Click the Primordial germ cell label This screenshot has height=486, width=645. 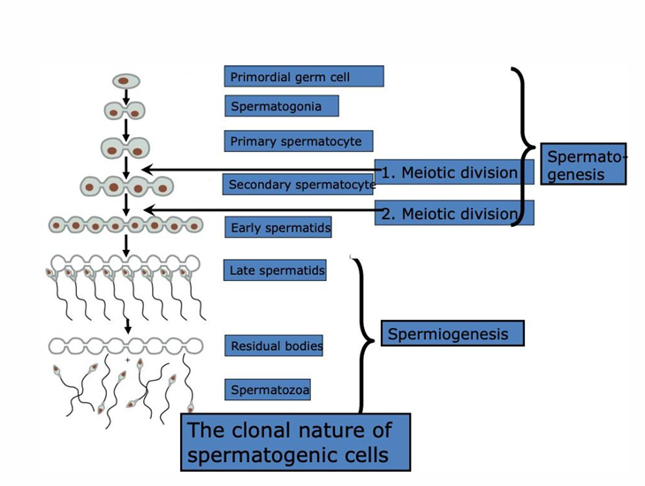pos(304,76)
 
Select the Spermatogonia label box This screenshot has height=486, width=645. pos(282,106)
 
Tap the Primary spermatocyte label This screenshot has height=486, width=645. pos(299,141)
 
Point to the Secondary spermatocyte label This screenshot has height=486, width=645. pos(299,184)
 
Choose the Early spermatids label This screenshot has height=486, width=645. pos(278,227)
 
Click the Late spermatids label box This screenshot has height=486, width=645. pos(275,270)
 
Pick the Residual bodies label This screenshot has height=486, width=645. pos(274,346)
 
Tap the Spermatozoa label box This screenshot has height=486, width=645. pos(268,390)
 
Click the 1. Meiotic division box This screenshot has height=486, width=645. pos(454,172)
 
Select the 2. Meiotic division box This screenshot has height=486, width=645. pos(454,213)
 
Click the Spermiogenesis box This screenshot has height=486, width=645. pos(452,333)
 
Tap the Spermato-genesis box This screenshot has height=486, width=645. pos(583,163)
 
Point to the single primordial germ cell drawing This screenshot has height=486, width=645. pos(126,81)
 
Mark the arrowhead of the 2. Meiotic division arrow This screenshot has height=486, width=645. pos(149,210)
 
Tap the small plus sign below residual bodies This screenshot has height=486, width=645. pos(127,360)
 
